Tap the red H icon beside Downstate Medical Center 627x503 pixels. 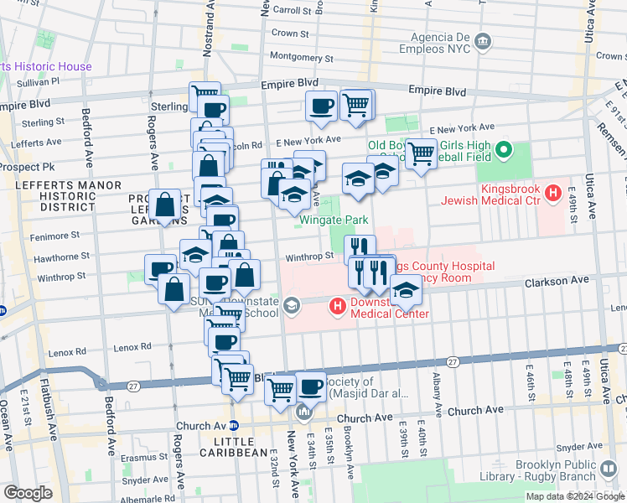coord(338,306)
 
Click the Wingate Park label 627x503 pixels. coord(334,220)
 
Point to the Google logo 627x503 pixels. coord(28,493)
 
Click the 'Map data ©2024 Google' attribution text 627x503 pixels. coord(575,496)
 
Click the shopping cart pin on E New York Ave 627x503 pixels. coord(421,153)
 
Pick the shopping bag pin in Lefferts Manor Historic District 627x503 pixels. coord(166,205)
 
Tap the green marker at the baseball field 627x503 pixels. coord(503,151)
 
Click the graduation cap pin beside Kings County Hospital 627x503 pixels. coord(406,290)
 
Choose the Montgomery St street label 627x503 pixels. coord(302,59)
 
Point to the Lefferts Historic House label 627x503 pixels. coord(46,66)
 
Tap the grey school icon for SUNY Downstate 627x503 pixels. coord(292,304)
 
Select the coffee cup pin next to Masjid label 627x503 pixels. coord(311,387)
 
